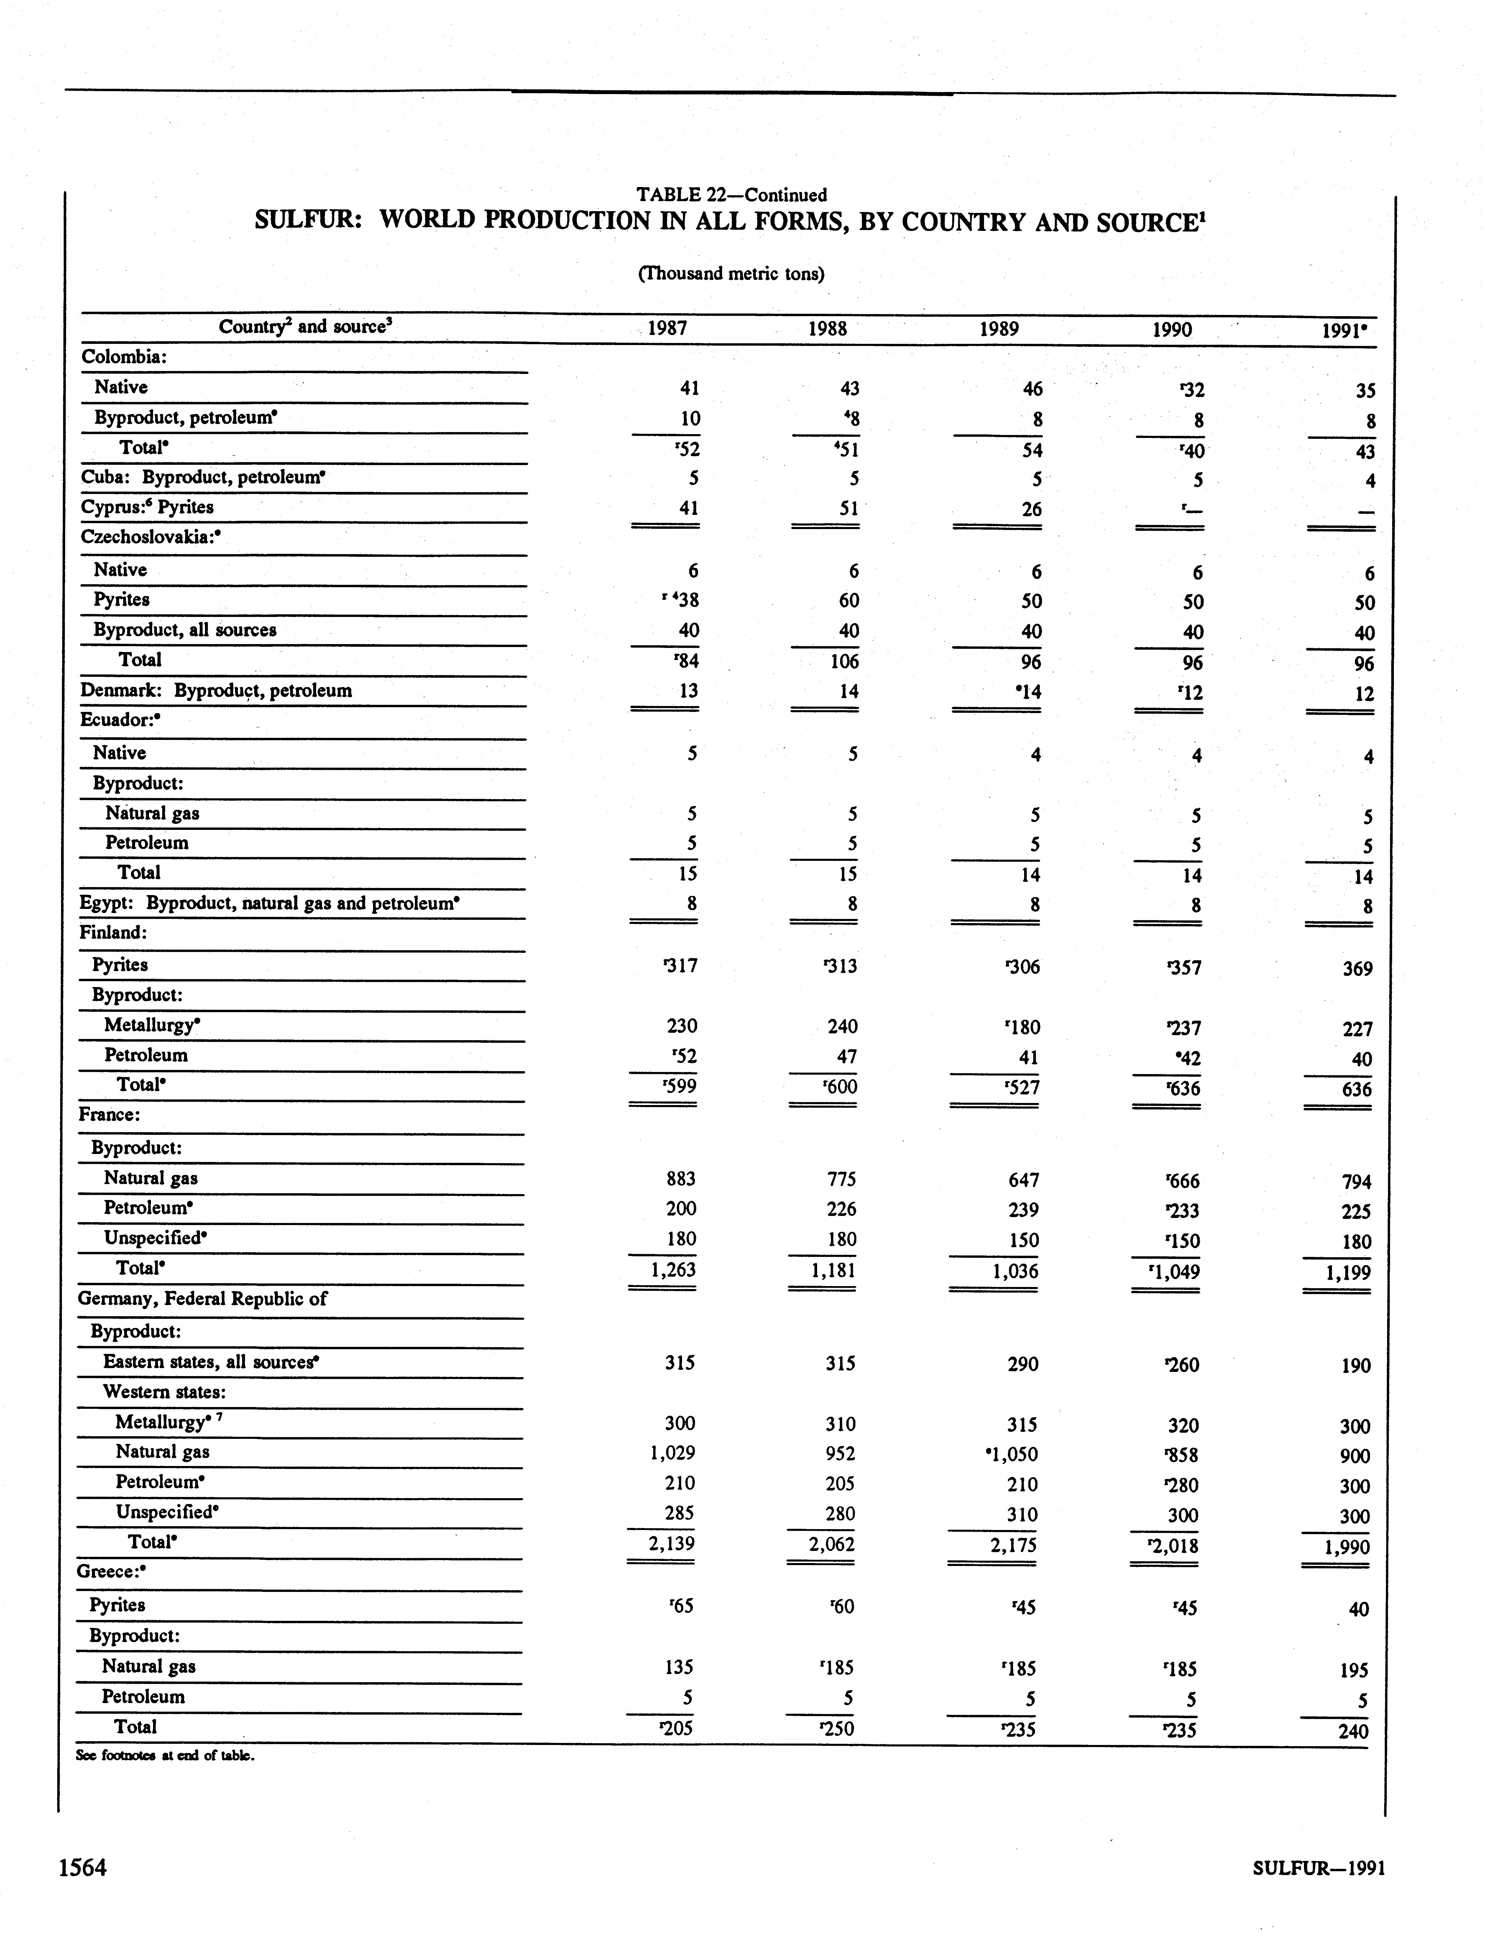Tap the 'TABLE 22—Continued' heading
pyautogui.click(x=731, y=194)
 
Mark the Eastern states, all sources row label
pyautogui.click(x=210, y=1362)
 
